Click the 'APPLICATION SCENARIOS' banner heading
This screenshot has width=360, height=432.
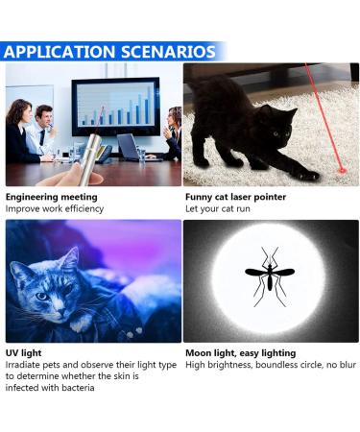pyautogui.click(x=109, y=51)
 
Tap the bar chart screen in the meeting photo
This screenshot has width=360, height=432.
pyautogui.click(x=115, y=106)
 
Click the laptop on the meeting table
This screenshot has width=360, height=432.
pyautogui.click(x=129, y=146)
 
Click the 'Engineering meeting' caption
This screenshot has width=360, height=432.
pyautogui.click(x=51, y=197)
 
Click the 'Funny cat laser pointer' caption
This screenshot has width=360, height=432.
pyautogui.click(x=235, y=197)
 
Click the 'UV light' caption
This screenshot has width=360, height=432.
pyautogui.click(x=25, y=353)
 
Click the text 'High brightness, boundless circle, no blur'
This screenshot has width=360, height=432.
pyautogui.click(x=270, y=366)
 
